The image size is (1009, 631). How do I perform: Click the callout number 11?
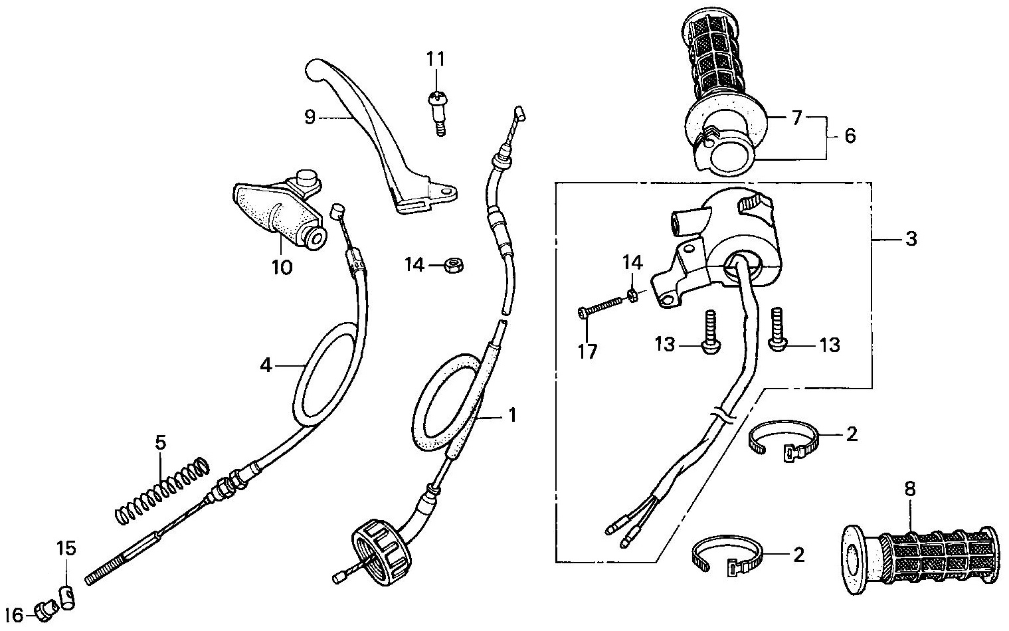tap(436, 60)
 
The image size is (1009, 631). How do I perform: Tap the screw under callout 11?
tap(437, 113)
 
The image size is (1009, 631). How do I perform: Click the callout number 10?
tap(282, 268)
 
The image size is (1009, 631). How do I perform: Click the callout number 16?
tap(14, 616)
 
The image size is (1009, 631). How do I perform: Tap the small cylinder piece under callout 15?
tap(67, 597)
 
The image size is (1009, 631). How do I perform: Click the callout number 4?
tap(266, 365)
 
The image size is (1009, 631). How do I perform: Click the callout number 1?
tap(512, 415)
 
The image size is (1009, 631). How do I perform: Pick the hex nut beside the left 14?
tap(454, 265)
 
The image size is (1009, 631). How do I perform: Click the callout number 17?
tap(587, 352)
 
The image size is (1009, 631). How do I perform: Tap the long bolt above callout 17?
tap(601, 306)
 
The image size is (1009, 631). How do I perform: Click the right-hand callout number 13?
tap(830, 345)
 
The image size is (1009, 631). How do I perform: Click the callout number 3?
tap(911, 238)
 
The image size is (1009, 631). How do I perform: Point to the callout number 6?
tap(850, 135)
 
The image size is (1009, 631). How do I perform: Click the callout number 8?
tap(910, 490)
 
